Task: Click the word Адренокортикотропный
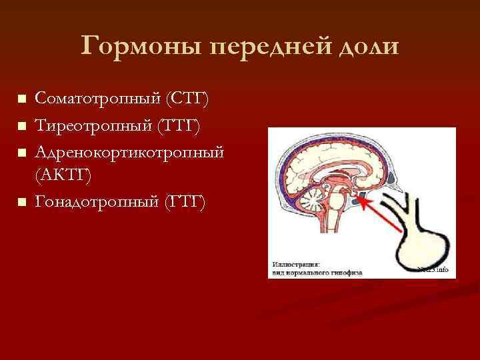[x=129, y=151]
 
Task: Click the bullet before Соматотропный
[x=22, y=99]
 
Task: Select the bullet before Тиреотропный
[x=22, y=125]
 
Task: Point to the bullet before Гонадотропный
[x=22, y=201]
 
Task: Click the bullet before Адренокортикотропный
[x=22, y=151]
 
